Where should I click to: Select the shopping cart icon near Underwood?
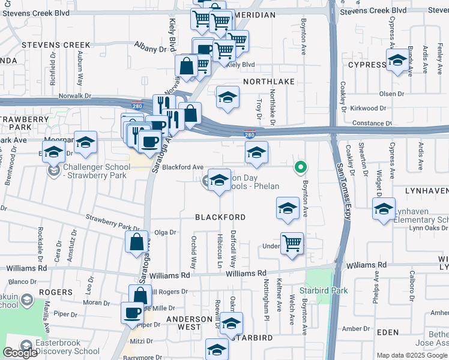(292, 244)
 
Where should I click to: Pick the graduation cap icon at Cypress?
(397, 61)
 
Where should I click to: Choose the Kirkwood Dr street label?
(369, 109)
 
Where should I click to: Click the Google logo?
(19, 353)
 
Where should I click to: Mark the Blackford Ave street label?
(183, 168)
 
